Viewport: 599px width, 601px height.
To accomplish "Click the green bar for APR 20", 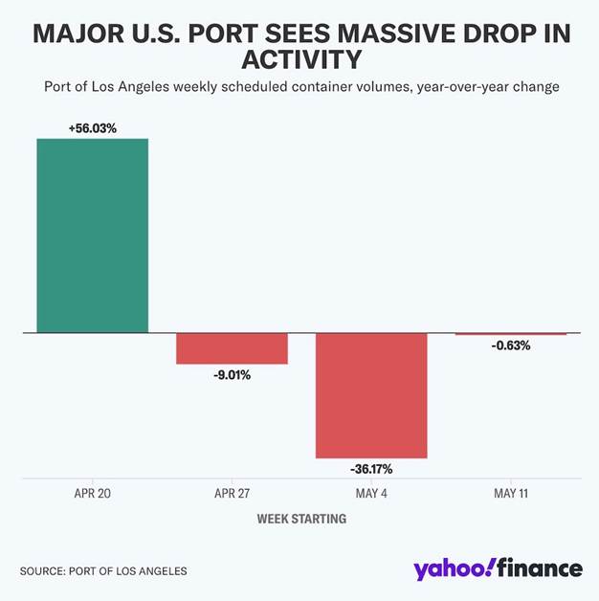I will (x=92, y=235).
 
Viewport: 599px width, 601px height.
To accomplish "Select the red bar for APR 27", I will (x=232, y=348).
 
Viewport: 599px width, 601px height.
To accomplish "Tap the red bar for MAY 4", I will (x=371, y=395).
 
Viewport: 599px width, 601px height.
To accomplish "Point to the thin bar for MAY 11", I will (x=511, y=334).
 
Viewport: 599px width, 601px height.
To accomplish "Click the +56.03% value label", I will (x=92, y=127).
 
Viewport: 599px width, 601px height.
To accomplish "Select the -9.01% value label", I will (x=232, y=375).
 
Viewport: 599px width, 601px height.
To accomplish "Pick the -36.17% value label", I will (x=371, y=469).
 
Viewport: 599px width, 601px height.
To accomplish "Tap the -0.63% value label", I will (x=511, y=345).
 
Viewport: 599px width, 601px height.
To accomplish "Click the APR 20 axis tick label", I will (x=92, y=494).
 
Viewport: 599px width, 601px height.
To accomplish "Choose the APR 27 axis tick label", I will (x=232, y=494).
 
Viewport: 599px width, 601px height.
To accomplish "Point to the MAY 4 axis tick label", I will (x=371, y=494).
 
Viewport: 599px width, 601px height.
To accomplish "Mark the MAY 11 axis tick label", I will (x=511, y=494).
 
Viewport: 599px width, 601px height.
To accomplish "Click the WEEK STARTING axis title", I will (x=301, y=519).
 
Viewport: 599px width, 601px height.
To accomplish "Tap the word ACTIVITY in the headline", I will (x=300, y=60).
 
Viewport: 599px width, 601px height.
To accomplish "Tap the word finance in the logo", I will (x=539, y=568).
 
